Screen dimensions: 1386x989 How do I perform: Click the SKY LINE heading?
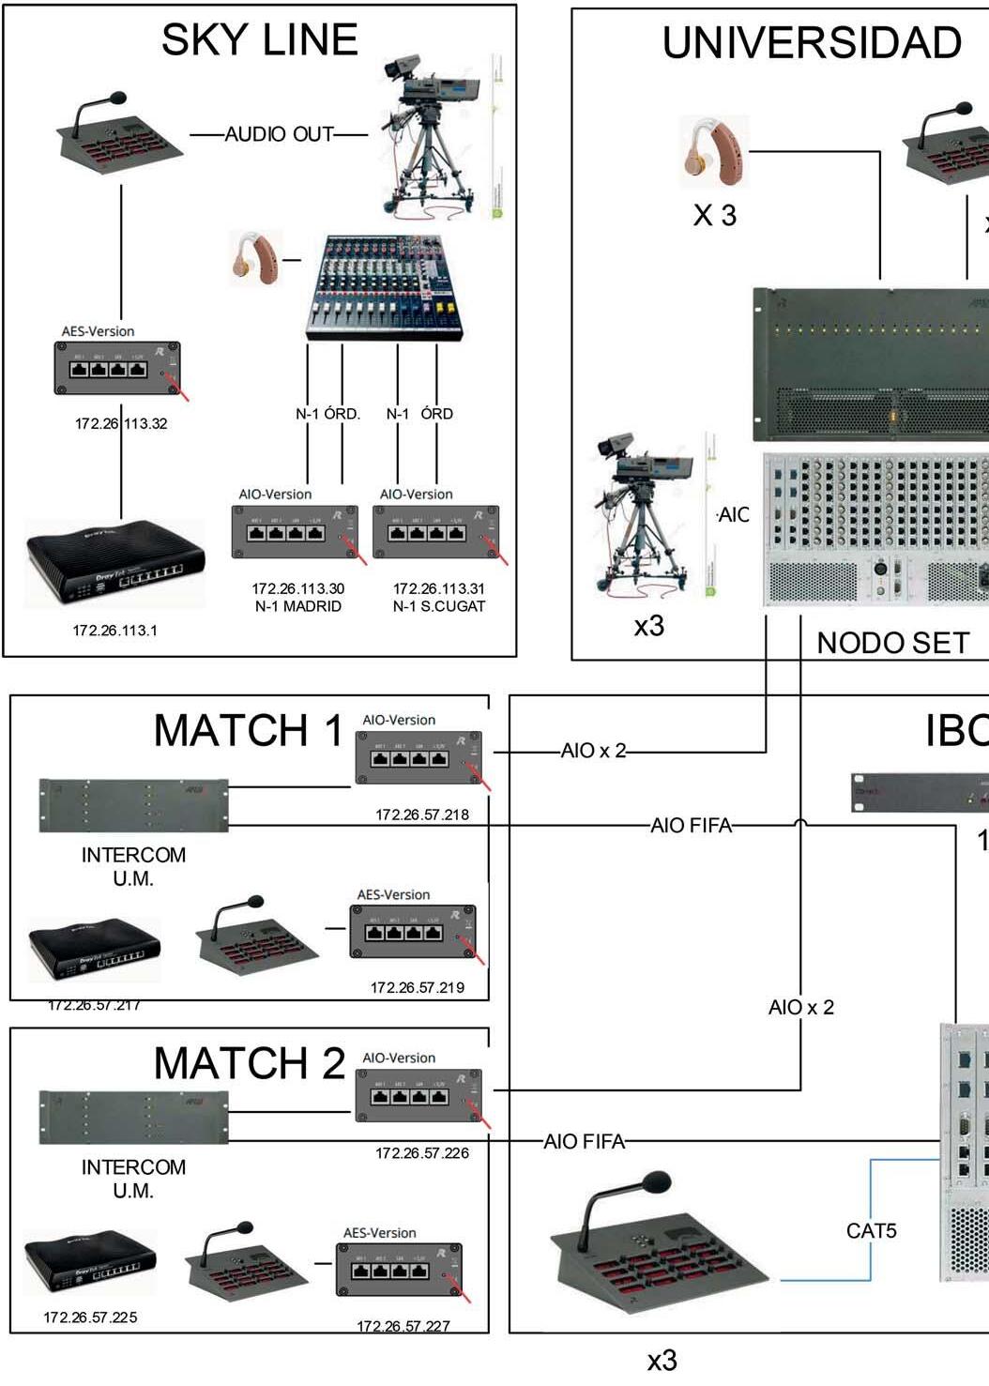click(x=259, y=40)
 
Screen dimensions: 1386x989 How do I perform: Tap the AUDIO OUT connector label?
click(x=279, y=134)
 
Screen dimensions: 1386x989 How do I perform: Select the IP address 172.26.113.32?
click(x=121, y=423)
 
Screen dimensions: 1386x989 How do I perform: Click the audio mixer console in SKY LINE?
click(x=384, y=287)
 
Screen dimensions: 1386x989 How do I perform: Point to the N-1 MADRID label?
click(x=298, y=606)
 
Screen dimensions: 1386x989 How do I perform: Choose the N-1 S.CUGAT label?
click(x=439, y=606)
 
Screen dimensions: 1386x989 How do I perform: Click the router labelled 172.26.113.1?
click(x=114, y=565)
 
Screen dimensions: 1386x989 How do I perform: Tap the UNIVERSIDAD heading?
click(x=812, y=43)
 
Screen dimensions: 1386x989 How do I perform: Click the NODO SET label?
click(x=892, y=643)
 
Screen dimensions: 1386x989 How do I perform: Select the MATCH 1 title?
click(x=249, y=730)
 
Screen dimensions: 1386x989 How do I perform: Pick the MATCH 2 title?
click(x=249, y=1063)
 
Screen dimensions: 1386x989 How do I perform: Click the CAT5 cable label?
click(x=871, y=1230)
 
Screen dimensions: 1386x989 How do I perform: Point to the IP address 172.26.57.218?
click(x=422, y=815)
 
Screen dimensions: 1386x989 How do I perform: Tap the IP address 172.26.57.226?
click(x=422, y=1152)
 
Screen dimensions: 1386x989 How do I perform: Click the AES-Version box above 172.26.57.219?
click(x=413, y=931)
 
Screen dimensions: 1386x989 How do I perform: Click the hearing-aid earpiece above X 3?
click(x=714, y=150)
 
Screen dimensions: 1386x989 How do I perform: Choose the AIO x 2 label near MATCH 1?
click(x=593, y=751)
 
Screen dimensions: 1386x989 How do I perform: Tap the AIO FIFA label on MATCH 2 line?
click(x=584, y=1141)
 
